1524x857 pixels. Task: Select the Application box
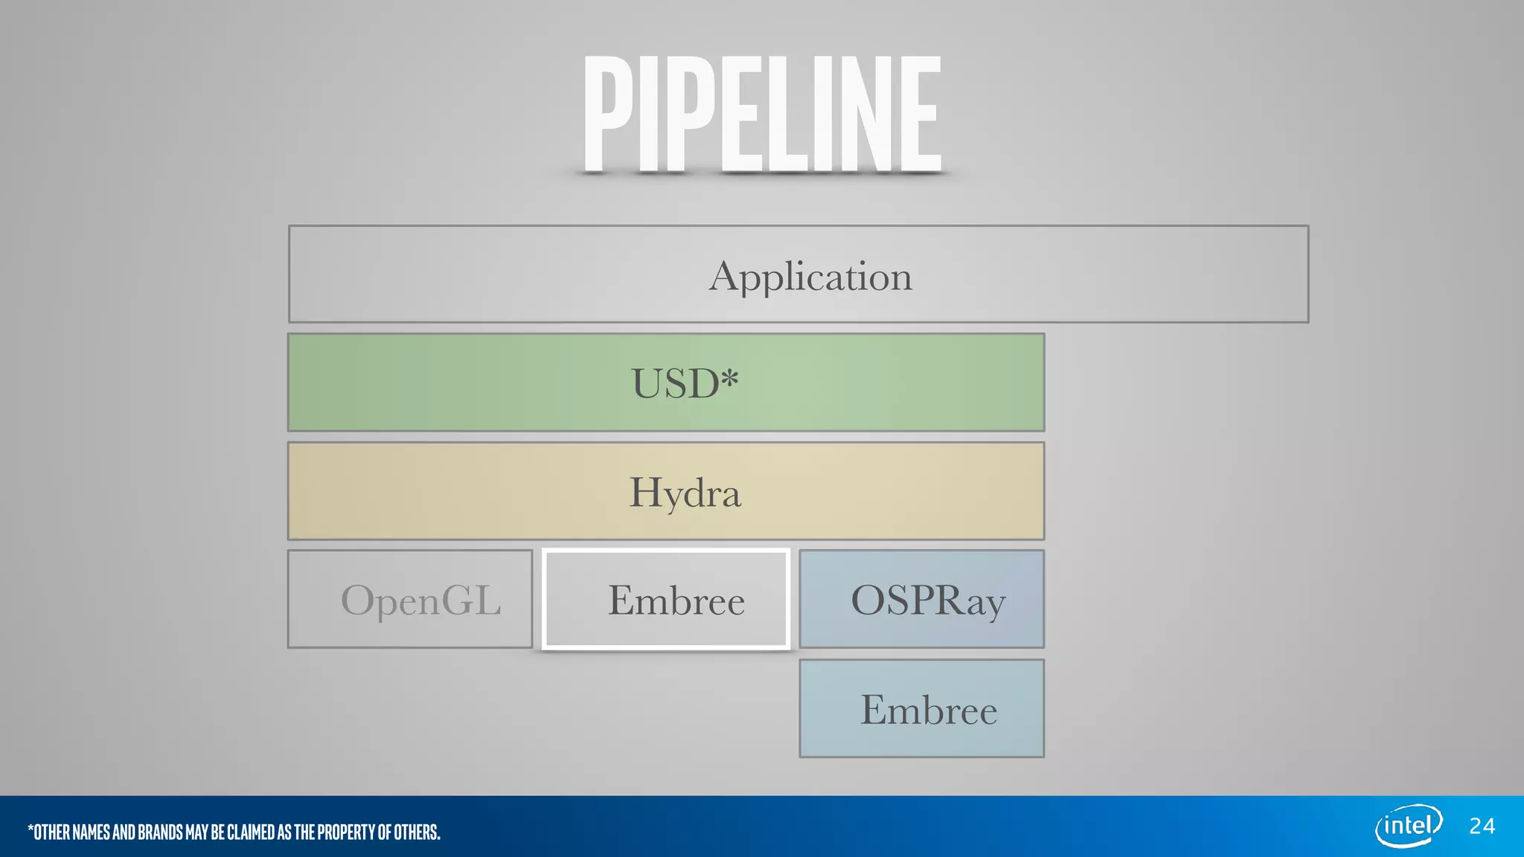(798, 275)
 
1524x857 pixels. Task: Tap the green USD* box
(666, 383)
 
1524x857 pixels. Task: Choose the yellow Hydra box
(666, 492)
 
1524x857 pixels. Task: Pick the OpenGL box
(410, 600)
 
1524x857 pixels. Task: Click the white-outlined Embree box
(666, 600)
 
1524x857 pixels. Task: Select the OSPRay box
(921, 600)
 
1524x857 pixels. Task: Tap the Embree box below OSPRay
(921, 709)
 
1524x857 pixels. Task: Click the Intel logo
(1408, 826)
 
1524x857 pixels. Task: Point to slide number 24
(1482, 826)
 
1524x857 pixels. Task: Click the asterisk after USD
(730, 378)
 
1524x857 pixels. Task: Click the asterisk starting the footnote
(31, 828)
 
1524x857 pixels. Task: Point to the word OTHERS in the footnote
(417, 832)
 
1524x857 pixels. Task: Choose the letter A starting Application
(725, 277)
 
